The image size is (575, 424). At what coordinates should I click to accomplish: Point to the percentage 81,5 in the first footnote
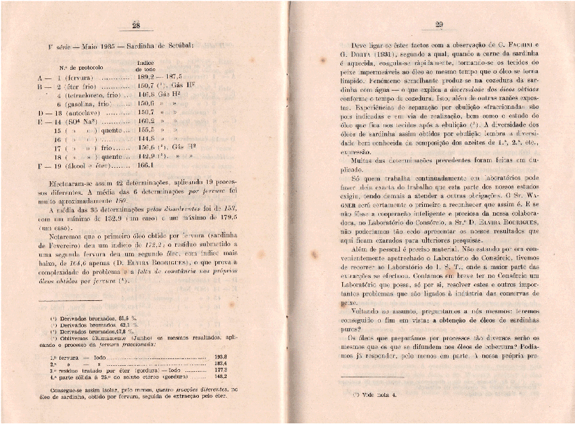pyautogui.click(x=124, y=317)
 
